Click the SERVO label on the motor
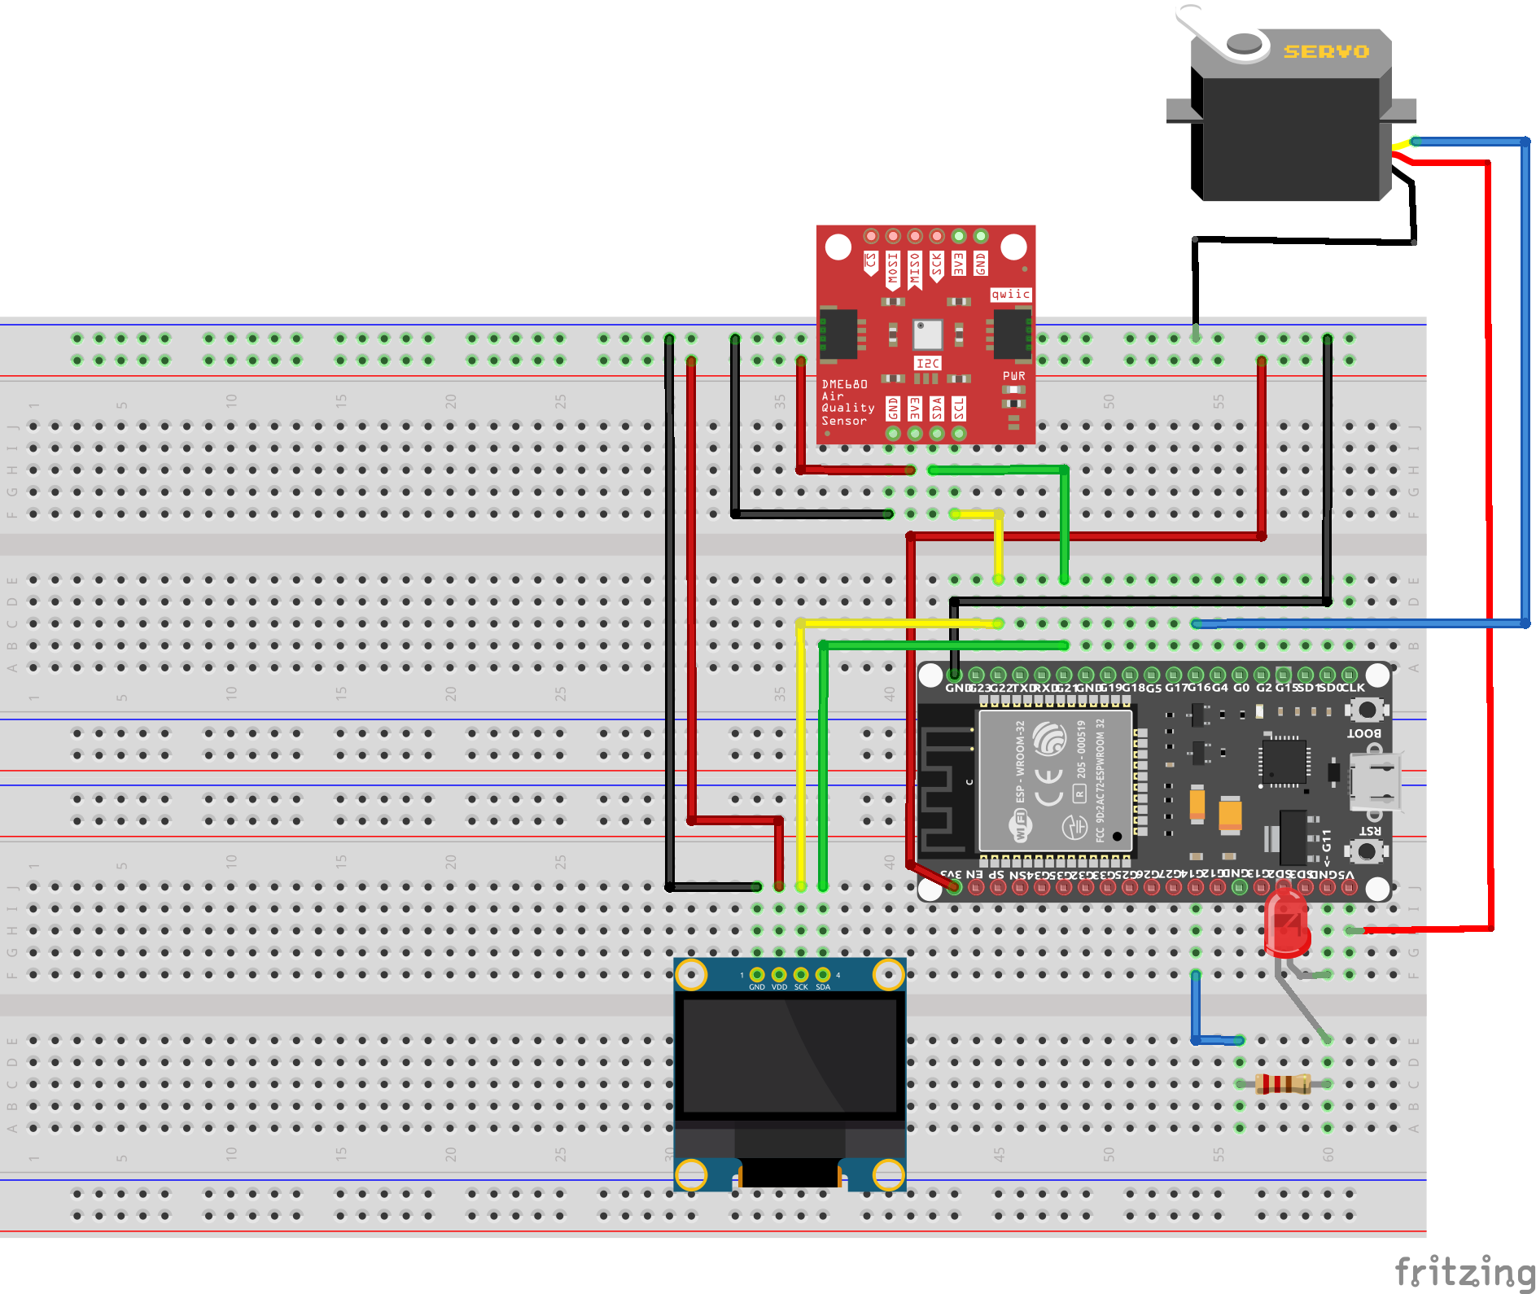(x=1326, y=52)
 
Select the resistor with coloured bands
(x=1283, y=1084)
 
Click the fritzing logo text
(x=1464, y=1271)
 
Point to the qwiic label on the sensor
(x=1011, y=295)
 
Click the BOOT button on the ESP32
(x=1368, y=710)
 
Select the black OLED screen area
(x=790, y=1056)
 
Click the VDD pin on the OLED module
(x=779, y=975)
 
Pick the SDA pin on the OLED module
(x=823, y=975)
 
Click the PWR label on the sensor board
(x=1014, y=376)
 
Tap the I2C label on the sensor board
(x=927, y=363)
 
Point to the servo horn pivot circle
(x=1243, y=43)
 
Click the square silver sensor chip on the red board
(x=927, y=334)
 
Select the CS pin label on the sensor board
(x=871, y=261)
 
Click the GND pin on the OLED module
(x=757, y=975)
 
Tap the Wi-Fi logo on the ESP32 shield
(x=1020, y=825)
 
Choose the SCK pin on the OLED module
(x=801, y=975)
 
